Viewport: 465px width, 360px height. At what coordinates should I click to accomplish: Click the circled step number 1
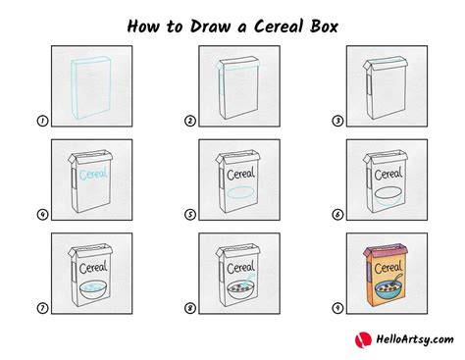tap(44, 121)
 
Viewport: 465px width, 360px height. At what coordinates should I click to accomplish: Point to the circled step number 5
tap(190, 214)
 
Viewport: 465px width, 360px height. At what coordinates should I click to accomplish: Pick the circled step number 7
tap(44, 308)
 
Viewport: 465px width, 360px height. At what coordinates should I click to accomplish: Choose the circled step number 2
tap(190, 121)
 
